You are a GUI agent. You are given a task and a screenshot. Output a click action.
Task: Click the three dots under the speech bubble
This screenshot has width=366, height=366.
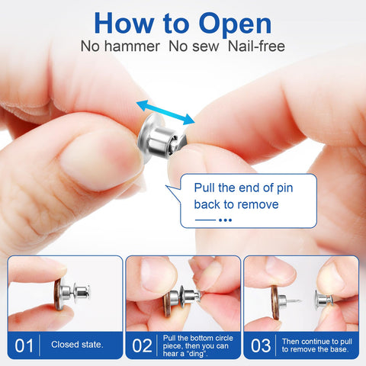(225, 220)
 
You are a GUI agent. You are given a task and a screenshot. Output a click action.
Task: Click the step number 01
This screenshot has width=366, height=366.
(24, 345)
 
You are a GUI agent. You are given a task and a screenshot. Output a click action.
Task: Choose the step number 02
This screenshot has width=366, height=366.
(143, 345)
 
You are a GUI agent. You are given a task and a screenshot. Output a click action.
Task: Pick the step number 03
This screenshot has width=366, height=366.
(261, 345)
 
